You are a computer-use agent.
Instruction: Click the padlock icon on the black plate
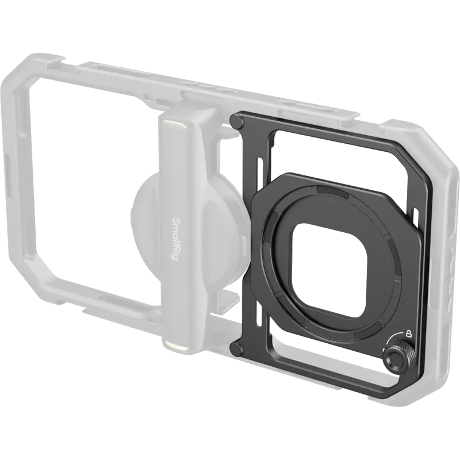coord(409,333)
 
